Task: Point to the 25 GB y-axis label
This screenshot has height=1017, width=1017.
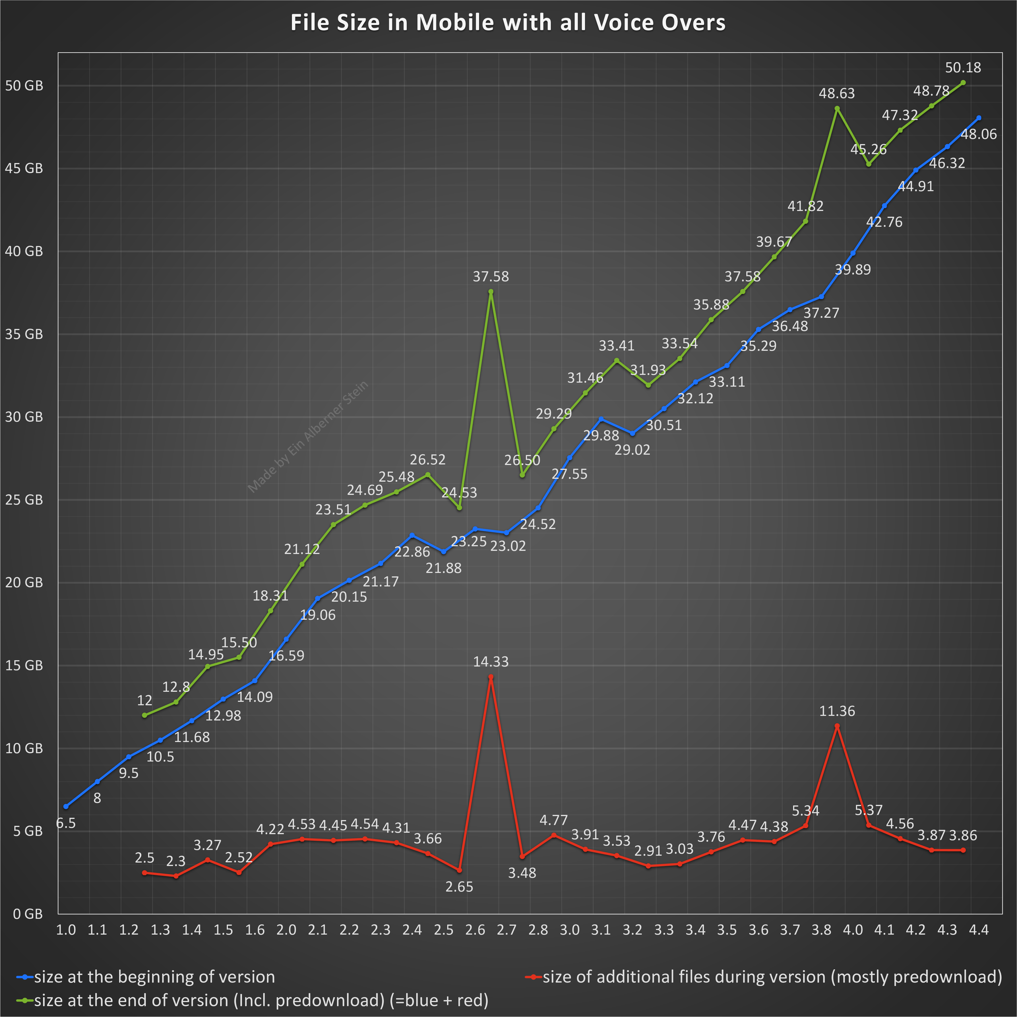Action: tap(24, 499)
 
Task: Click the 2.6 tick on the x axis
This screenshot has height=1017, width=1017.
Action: tap(475, 930)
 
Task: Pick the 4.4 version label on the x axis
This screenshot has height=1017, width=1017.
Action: tap(979, 930)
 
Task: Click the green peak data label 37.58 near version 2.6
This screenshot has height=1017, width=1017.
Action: tap(491, 276)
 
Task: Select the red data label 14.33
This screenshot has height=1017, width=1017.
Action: tap(491, 662)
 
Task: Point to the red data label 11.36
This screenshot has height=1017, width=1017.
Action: tap(837, 711)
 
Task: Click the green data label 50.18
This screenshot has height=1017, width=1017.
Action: tap(963, 67)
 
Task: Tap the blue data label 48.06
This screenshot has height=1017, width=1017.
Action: tap(979, 134)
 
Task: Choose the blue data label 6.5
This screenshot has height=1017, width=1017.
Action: tap(66, 823)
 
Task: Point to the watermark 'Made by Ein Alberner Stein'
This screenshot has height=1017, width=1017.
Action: tap(308, 437)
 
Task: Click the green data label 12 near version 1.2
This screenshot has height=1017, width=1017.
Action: tap(144, 700)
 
